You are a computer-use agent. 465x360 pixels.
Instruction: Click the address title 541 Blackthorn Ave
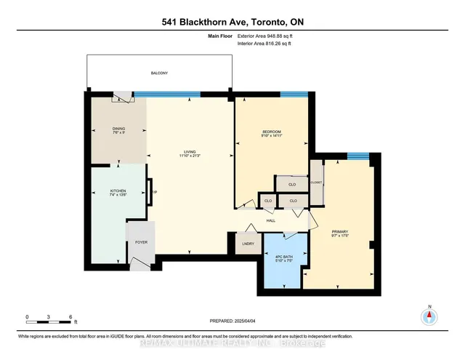[x=232, y=22]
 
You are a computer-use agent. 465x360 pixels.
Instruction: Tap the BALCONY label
[x=159, y=73]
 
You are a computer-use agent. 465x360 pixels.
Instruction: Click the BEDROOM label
[x=272, y=131]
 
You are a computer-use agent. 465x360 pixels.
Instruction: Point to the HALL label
[x=270, y=220]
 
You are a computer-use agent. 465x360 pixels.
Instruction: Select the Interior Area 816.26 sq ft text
[x=265, y=44]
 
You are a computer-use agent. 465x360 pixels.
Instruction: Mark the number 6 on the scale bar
[x=70, y=317]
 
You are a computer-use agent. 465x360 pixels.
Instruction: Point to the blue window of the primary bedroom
[x=356, y=155]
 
